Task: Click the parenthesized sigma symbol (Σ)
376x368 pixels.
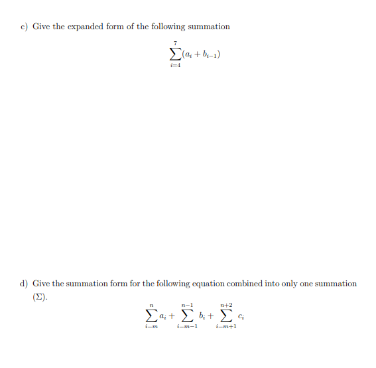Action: click(40, 297)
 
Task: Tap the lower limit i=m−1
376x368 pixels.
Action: click(187, 327)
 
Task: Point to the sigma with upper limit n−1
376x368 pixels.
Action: click(187, 316)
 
